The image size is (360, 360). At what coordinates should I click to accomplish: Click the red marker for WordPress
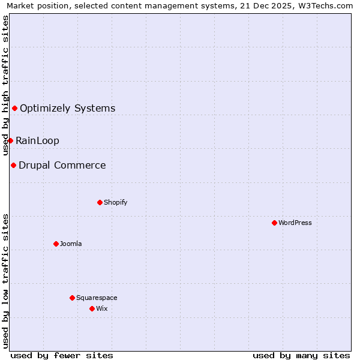274,223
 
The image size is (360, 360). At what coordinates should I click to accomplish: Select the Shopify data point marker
100,202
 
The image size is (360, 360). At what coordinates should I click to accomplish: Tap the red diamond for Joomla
56,244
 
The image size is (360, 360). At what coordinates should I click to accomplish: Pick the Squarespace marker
72,298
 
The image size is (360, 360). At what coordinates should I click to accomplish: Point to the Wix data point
92,308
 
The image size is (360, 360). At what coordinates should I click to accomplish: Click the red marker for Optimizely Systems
14,108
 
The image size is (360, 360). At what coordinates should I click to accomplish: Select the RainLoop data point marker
10,140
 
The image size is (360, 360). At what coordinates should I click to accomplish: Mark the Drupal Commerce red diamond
13,165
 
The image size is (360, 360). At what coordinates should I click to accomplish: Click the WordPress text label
295,223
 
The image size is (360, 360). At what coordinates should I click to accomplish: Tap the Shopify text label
115,202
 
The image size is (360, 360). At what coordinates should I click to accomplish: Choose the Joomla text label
71,244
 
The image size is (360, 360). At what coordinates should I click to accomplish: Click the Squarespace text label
97,298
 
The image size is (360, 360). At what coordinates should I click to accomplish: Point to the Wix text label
101,308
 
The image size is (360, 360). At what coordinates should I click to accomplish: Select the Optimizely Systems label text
67,108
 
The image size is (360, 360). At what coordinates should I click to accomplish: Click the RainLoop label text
37,140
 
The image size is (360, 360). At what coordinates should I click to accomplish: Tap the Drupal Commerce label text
62,165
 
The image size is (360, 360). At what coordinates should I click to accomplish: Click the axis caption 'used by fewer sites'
62,355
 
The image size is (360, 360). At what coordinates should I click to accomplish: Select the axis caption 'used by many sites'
301,355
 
